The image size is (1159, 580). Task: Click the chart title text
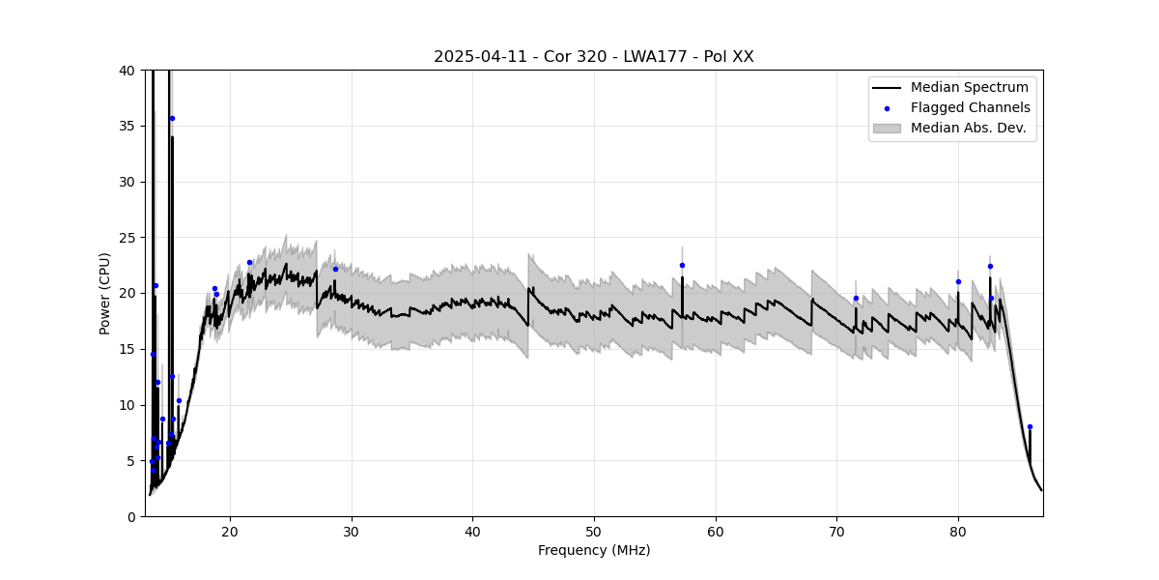click(x=593, y=57)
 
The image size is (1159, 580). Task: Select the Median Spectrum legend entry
click(x=970, y=88)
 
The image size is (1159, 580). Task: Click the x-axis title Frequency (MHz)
click(x=594, y=551)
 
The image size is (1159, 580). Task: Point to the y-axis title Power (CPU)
click(x=104, y=293)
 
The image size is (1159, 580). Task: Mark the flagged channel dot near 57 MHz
click(x=682, y=265)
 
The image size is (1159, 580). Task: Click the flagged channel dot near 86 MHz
click(x=1030, y=426)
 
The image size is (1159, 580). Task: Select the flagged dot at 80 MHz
click(x=958, y=281)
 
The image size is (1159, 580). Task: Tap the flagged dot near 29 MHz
click(x=336, y=269)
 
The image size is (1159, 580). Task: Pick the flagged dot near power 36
click(x=172, y=118)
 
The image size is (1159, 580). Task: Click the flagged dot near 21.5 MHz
click(x=249, y=262)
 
